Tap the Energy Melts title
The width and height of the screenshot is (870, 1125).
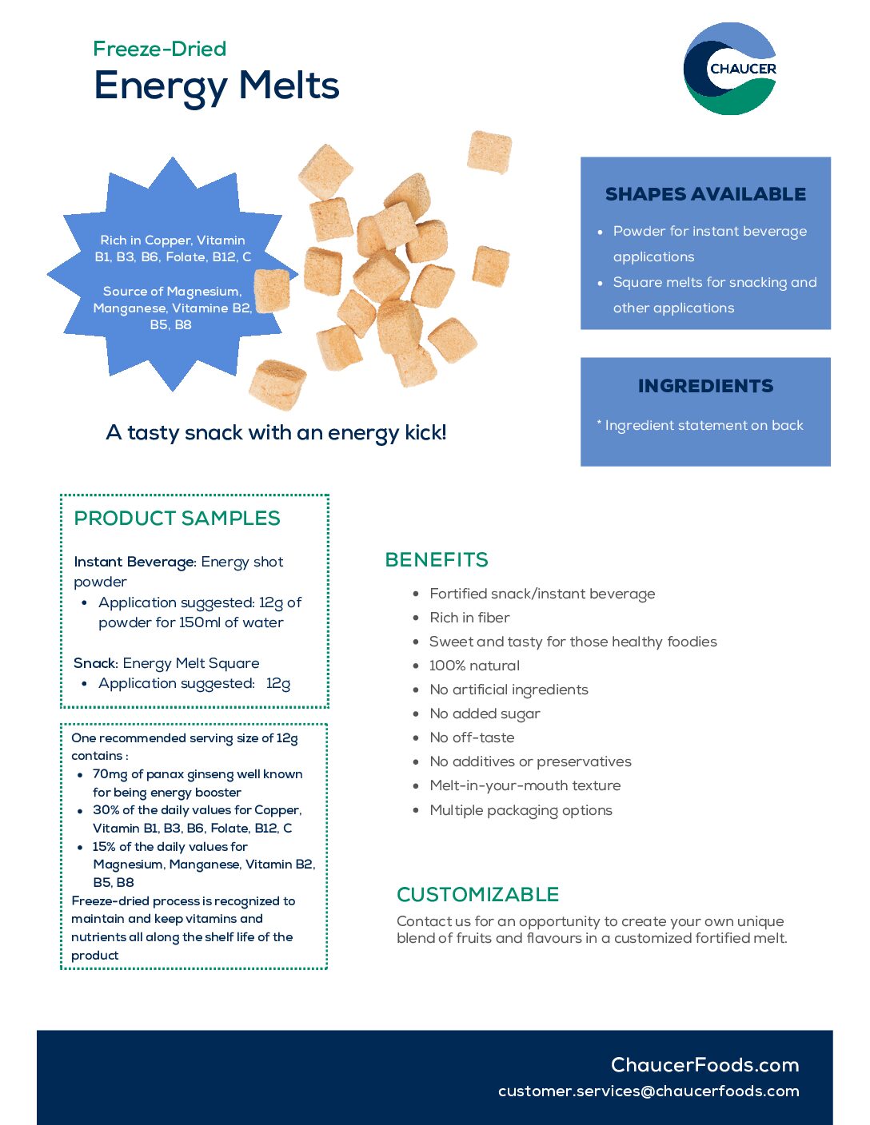[217, 86]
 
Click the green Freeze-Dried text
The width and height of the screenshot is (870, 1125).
[160, 49]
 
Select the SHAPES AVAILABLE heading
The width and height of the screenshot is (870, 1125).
[705, 194]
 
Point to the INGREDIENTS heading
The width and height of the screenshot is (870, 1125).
[705, 386]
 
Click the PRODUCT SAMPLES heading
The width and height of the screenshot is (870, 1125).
[177, 519]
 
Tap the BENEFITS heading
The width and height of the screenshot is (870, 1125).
[437, 559]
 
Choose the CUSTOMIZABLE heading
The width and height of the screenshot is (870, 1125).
[477, 895]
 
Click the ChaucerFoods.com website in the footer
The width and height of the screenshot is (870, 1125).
[704, 1065]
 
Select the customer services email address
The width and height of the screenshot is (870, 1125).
[649, 1091]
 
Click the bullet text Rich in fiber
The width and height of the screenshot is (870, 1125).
[469, 618]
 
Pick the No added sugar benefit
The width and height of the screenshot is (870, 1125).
[485, 714]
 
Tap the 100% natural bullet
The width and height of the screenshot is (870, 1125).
[474, 666]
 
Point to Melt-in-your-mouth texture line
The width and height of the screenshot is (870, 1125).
[525, 786]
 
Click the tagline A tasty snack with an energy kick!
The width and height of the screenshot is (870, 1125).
[276, 433]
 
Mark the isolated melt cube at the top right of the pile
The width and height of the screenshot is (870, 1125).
[489, 152]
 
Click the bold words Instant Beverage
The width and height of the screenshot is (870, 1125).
[134, 562]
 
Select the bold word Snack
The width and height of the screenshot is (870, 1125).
[95, 663]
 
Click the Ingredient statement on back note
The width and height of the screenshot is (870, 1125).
[700, 426]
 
